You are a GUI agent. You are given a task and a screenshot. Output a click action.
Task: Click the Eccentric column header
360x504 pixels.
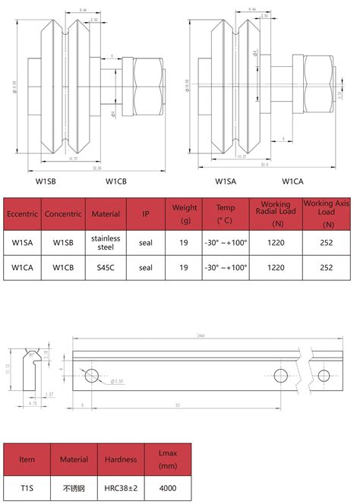pyautogui.click(x=22, y=214)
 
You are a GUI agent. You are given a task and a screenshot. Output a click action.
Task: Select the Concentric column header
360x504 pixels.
pyautogui.click(x=63, y=214)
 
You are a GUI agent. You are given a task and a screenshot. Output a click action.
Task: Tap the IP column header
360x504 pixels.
pyautogui.click(x=146, y=214)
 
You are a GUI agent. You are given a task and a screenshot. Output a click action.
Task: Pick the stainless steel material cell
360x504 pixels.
pyautogui.click(x=106, y=243)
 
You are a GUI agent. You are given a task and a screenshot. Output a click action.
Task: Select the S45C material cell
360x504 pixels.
pyautogui.click(x=106, y=268)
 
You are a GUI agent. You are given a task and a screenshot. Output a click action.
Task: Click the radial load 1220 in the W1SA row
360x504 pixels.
pyautogui.click(x=276, y=243)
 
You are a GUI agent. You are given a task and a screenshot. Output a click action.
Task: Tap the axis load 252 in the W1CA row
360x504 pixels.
pyautogui.click(x=327, y=268)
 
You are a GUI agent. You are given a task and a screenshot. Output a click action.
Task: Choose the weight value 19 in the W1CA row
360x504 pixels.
pyautogui.click(x=184, y=268)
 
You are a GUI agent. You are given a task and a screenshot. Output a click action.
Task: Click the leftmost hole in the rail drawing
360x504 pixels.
pyautogui.click(x=93, y=375)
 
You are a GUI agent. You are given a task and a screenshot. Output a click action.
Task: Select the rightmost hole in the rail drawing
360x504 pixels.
pyautogui.click(x=324, y=376)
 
